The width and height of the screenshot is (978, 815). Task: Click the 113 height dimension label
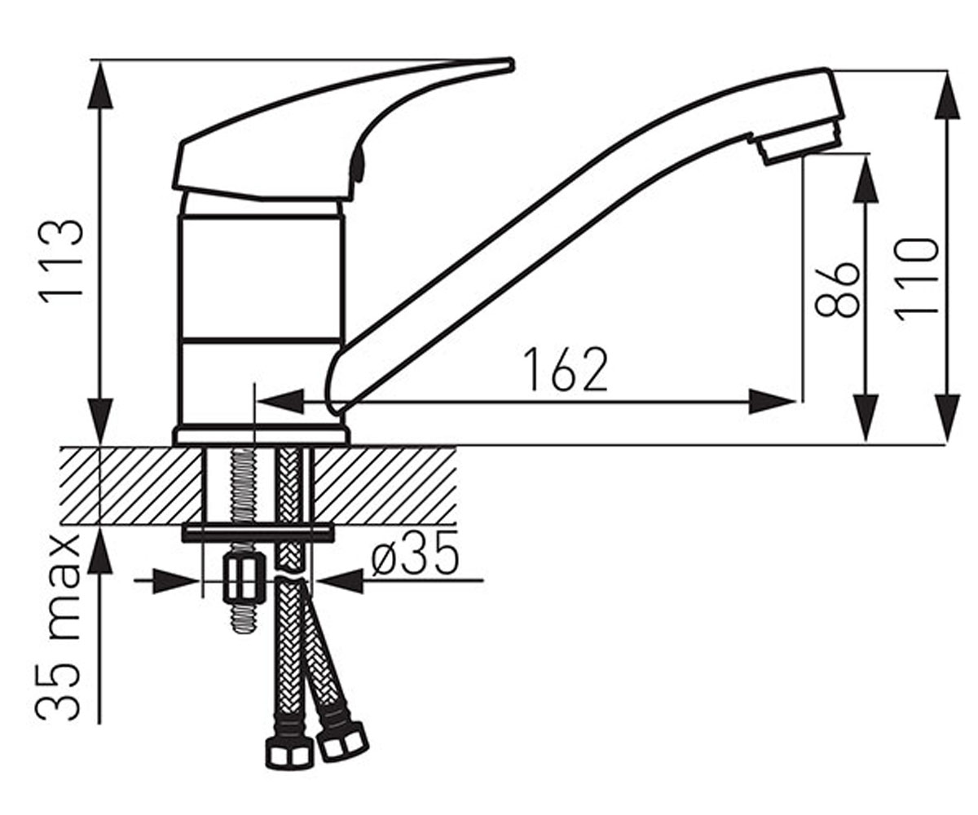[x=61, y=263]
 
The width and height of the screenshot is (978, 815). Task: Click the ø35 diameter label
[x=414, y=561]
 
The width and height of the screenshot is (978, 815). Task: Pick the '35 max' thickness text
[x=58, y=629]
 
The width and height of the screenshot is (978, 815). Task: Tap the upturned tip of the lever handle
[x=509, y=64]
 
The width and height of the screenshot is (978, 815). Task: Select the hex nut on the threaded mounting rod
[x=244, y=578]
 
